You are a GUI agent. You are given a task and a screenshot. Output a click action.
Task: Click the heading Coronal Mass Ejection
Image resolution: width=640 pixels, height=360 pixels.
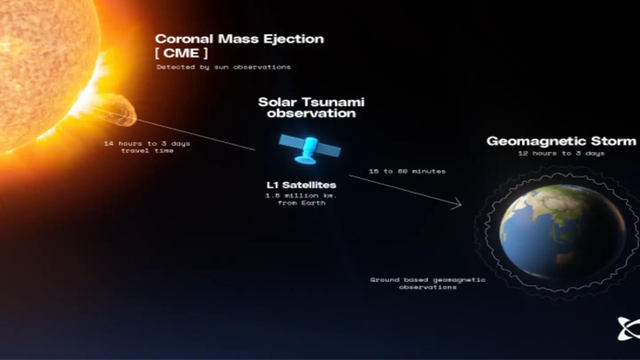click(x=239, y=39)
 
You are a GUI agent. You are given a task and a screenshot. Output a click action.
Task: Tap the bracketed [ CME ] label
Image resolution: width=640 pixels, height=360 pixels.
click(x=181, y=53)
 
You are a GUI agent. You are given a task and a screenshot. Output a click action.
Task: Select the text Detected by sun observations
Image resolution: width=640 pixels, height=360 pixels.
click(x=224, y=67)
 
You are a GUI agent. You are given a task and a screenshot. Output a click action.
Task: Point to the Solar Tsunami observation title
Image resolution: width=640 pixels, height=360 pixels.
click(x=311, y=108)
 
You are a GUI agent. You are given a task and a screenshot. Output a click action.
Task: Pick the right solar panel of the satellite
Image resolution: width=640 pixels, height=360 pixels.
click(x=328, y=150)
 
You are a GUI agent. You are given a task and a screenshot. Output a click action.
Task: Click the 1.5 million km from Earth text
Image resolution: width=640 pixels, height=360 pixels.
click(x=301, y=199)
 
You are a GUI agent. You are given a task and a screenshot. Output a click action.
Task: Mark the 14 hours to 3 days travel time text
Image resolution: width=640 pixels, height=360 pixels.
click(x=147, y=147)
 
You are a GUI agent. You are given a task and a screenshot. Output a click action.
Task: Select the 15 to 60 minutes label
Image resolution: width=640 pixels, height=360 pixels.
click(x=407, y=171)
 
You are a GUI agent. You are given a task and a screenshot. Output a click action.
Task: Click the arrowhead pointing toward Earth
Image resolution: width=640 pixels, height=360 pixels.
click(x=458, y=205)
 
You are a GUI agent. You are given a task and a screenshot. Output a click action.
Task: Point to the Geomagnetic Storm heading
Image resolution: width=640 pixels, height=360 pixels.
click(x=561, y=141)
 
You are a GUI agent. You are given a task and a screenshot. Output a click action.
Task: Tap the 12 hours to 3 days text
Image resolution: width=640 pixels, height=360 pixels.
click(x=561, y=153)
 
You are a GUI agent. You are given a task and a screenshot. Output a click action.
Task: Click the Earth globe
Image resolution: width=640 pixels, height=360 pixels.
click(x=562, y=231)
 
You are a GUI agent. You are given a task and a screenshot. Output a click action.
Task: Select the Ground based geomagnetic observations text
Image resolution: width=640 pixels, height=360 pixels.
click(x=428, y=284)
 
